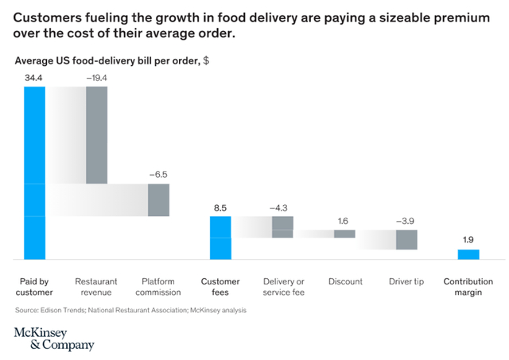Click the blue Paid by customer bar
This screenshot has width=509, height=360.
(34, 172)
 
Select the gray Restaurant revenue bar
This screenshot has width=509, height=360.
(96, 135)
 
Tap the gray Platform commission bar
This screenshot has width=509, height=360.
(158, 199)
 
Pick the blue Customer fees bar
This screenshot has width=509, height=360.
(220, 237)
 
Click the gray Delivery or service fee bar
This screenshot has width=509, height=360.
(282, 226)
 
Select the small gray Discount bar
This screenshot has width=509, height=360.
(344, 234)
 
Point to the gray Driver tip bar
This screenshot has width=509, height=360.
(406, 239)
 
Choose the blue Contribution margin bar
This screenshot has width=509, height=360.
(468, 254)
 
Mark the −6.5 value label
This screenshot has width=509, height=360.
(158, 172)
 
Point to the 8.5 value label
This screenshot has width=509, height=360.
(220, 207)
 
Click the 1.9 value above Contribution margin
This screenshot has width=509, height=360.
(468, 238)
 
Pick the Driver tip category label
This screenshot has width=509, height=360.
(406, 281)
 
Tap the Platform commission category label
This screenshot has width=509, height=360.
(158, 286)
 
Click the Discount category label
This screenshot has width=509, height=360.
(344, 281)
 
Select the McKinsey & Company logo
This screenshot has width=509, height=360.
(54, 338)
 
